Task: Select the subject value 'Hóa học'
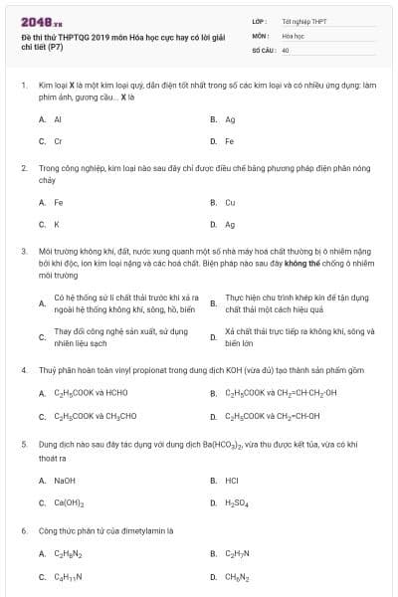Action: tap(293, 34)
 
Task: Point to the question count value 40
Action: tap(286, 49)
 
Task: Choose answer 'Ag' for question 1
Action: tap(230, 118)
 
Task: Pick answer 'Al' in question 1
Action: tap(58, 118)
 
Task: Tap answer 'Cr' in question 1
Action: tap(58, 141)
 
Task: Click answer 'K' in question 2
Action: tap(56, 224)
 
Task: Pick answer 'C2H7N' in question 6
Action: tap(237, 553)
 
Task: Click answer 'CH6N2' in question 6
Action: tap(237, 576)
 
